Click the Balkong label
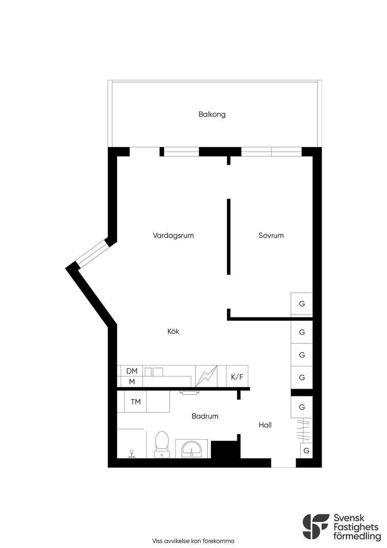(212, 115)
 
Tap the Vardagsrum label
(173, 236)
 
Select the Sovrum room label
(271, 236)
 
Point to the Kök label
(173, 331)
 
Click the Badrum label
(205, 416)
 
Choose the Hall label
(265, 425)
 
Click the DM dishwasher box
(132, 371)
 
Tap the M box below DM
(132, 381)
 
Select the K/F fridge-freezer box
(237, 376)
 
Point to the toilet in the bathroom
(162, 444)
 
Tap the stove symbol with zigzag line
(206, 376)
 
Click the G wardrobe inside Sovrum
(302, 304)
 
